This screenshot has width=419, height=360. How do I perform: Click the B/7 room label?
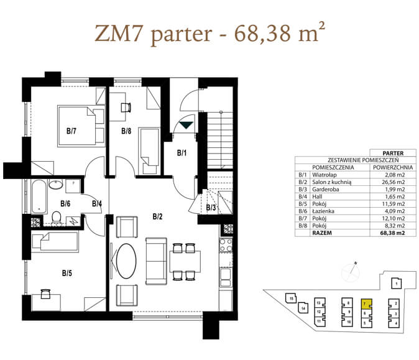[71, 131]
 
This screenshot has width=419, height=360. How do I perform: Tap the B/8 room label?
[126, 131]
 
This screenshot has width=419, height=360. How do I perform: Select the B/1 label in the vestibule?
[182, 153]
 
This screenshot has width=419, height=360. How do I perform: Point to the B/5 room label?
[67, 273]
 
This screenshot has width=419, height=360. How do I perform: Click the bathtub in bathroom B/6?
[39, 196]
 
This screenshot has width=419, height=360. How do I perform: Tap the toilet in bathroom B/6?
[56, 217]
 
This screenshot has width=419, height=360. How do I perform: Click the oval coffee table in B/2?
[126, 261]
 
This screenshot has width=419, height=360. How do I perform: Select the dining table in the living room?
[185, 261]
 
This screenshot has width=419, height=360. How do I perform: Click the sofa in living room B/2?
[156, 261]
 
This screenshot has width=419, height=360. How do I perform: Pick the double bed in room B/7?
[81, 126]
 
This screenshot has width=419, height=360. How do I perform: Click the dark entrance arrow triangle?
[186, 125]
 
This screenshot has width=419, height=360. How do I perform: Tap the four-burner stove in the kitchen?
[226, 246]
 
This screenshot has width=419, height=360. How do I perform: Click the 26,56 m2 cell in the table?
[393, 182]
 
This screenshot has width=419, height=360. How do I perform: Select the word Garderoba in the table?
[326, 189]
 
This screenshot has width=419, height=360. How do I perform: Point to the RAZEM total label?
[322, 233]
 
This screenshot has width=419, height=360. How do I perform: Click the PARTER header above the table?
[393, 153]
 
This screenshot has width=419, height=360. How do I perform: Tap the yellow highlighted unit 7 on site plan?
[366, 304]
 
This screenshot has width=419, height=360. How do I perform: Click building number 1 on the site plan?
[397, 284]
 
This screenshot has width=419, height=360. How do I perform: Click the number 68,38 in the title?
[262, 34]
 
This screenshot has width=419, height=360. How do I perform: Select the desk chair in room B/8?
[126, 108]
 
